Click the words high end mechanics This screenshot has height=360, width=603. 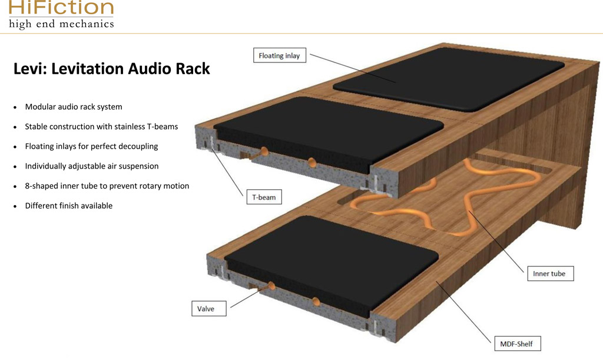click(x=61, y=24)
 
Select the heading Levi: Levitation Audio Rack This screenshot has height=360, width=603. click(x=112, y=69)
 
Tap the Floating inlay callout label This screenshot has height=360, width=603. click(x=279, y=56)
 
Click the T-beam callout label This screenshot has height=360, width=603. click(x=264, y=197)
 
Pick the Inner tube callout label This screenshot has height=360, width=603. click(x=549, y=273)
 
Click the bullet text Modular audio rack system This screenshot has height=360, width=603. click(x=74, y=107)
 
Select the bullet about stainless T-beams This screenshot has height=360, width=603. click(x=101, y=127)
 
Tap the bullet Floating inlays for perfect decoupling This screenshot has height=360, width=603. click(x=91, y=146)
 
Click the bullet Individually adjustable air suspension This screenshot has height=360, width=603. click(x=91, y=166)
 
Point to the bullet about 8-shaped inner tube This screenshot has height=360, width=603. click(x=107, y=186)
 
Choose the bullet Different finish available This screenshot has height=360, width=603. click(x=68, y=206)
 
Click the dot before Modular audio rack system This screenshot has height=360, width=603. click(x=15, y=107)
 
